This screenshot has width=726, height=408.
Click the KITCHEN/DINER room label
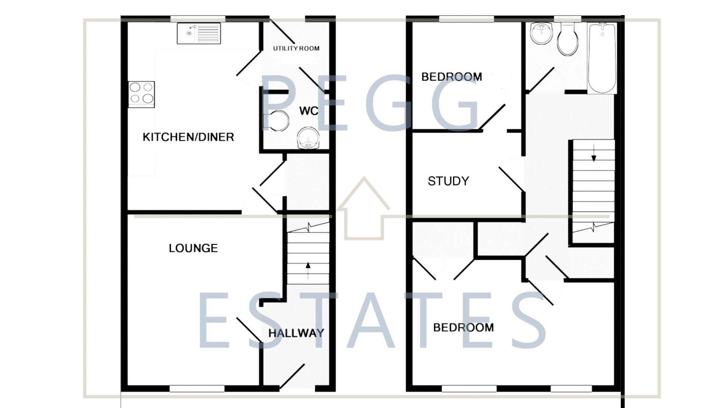(x=188, y=137)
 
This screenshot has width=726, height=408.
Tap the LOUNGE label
(x=193, y=248)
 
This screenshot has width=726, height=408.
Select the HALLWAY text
(x=296, y=333)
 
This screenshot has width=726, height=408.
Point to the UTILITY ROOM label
(x=296, y=48)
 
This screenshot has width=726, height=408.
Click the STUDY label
(x=448, y=181)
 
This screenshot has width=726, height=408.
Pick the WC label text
(x=309, y=111)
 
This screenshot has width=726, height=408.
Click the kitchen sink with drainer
(x=199, y=33)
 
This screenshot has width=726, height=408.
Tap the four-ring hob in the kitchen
(x=141, y=93)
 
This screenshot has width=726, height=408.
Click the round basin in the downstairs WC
(x=308, y=138)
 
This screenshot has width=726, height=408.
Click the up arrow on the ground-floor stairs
(x=308, y=270)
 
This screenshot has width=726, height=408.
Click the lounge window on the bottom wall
(x=197, y=388)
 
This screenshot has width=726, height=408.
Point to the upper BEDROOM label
(x=451, y=77)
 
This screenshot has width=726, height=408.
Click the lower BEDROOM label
(x=463, y=327)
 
